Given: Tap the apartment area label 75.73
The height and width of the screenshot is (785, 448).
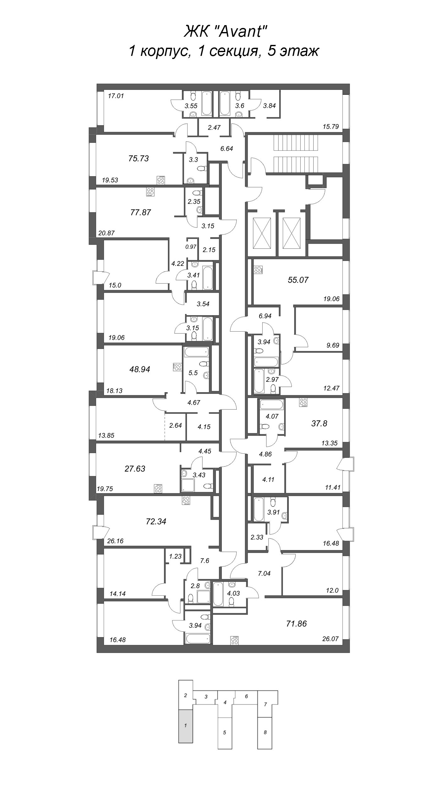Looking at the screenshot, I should pyautogui.click(x=139, y=159).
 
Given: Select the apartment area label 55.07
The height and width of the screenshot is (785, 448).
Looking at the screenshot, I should pyautogui.click(x=298, y=280).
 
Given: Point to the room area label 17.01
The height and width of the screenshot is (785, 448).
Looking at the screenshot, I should pyautogui.click(x=116, y=96).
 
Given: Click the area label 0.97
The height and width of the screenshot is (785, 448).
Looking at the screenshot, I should pyautogui.click(x=191, y=247).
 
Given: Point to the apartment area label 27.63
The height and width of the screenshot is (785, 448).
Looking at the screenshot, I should pyautogui.click(x=135, y=469).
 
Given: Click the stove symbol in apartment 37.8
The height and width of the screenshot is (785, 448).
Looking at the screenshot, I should pyautogui.click(x=303, y=403).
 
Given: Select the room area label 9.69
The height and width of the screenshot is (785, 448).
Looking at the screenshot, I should pyautogui.click(x=333, y=345).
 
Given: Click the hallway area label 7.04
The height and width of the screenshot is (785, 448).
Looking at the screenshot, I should pyautogui.click(x=264, y=573).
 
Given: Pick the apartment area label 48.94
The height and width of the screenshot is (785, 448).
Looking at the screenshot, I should pyautogui.click(x=140, y=370).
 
